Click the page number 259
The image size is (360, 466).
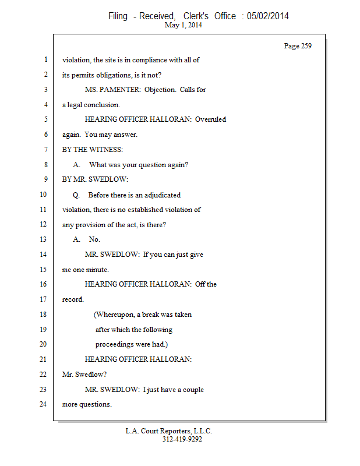(x=306, y=46)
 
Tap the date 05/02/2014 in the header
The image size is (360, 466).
(x=267, y=16)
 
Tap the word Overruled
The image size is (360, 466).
(x=210, y=119)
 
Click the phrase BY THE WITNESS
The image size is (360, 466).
(x=93, y=150)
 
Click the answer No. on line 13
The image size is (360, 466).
(x=94, y=239)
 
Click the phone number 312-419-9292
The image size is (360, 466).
(x=182, y=440)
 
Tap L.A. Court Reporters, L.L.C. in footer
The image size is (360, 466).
(x=169, y=431)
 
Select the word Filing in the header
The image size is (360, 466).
(x=118, y=16)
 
